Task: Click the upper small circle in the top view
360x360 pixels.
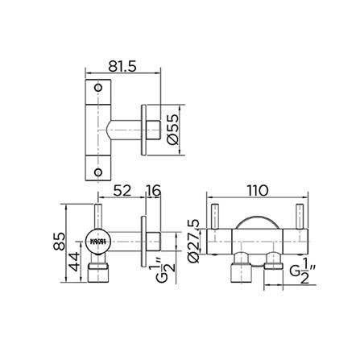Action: [x=98, y=88]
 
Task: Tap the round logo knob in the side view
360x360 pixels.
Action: [x=97, y=239]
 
